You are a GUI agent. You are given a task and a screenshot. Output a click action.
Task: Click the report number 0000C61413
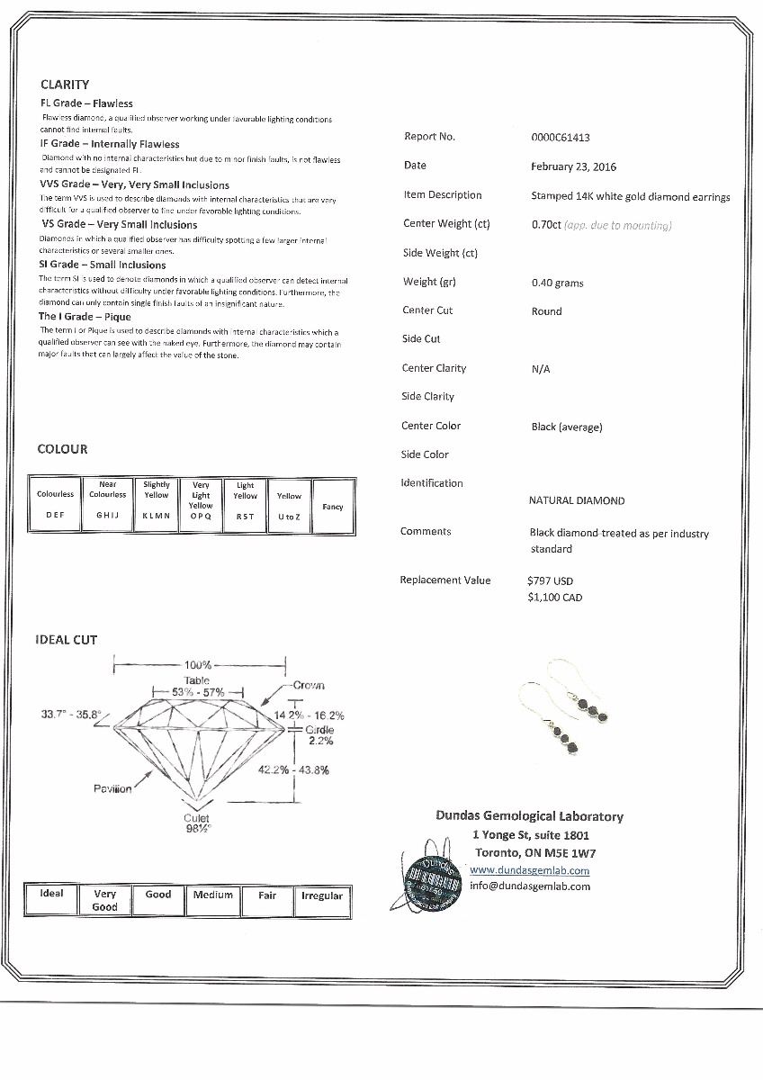(561, 138)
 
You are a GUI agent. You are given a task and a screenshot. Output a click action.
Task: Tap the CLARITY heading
(65, 85)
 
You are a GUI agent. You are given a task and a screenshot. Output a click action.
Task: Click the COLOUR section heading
(62, 449)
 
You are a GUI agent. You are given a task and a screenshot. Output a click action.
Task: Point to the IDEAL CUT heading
(67, 640)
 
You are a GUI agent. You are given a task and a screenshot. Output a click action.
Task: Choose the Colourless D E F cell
(56, 505)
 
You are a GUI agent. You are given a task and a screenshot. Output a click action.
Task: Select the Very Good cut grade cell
(104, 900)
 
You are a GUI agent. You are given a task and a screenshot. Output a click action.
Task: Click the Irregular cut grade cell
(321, 896)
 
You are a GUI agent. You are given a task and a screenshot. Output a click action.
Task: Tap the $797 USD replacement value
(550, 580)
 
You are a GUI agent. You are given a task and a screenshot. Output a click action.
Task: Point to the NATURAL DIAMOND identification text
(576, 500)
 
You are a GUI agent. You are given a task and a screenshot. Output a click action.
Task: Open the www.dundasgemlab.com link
(529, 870)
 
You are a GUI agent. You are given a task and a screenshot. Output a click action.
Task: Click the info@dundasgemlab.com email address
(529, 886)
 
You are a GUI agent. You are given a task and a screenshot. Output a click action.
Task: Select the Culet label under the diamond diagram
(197, 818)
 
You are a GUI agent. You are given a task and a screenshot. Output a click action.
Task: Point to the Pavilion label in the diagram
(112, 788)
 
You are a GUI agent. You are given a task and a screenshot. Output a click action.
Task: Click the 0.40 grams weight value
(557, 283)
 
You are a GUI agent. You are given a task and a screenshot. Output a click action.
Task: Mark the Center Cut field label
(427, 310)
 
